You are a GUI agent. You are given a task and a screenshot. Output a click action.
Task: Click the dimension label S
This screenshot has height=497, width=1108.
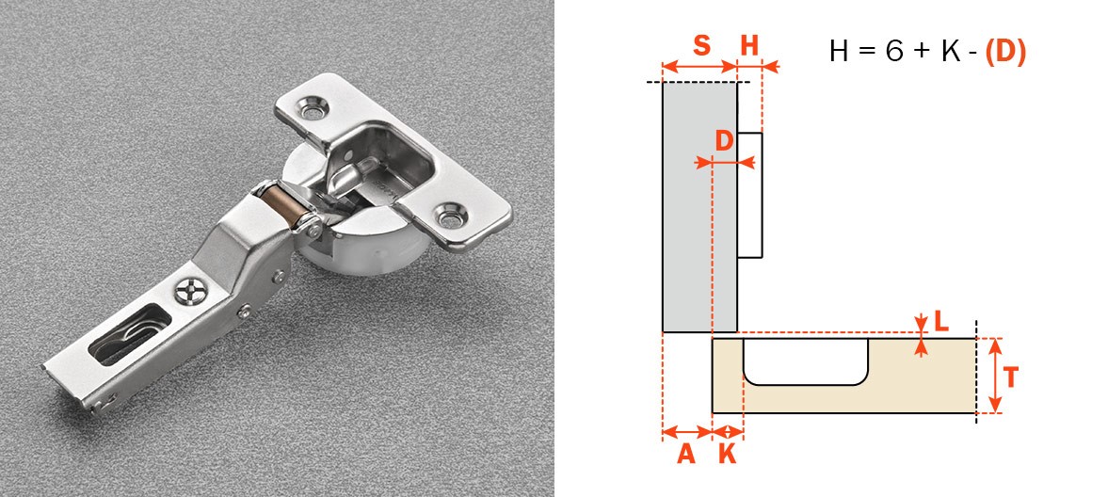coord(701,45)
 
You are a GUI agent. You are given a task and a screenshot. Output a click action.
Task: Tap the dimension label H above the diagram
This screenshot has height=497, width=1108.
coord(749,46)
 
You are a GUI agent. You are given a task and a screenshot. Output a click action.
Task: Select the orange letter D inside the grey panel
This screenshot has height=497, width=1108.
coord(724,141)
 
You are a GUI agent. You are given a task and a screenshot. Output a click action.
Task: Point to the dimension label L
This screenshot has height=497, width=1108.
coord(941,322)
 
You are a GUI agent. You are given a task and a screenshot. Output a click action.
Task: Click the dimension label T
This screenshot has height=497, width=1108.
coord(1010,377)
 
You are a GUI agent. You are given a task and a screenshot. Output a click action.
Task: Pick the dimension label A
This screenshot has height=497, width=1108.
coord(686,454)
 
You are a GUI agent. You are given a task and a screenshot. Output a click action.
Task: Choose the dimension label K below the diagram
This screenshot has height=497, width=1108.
coord(727,454)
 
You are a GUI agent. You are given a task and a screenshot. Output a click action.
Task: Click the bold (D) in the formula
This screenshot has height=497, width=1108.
coord(1004,52)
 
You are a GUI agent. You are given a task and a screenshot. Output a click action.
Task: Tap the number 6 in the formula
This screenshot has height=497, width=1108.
coord(894,52)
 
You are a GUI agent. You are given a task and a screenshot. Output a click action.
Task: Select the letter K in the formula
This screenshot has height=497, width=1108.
coord(951,52)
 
